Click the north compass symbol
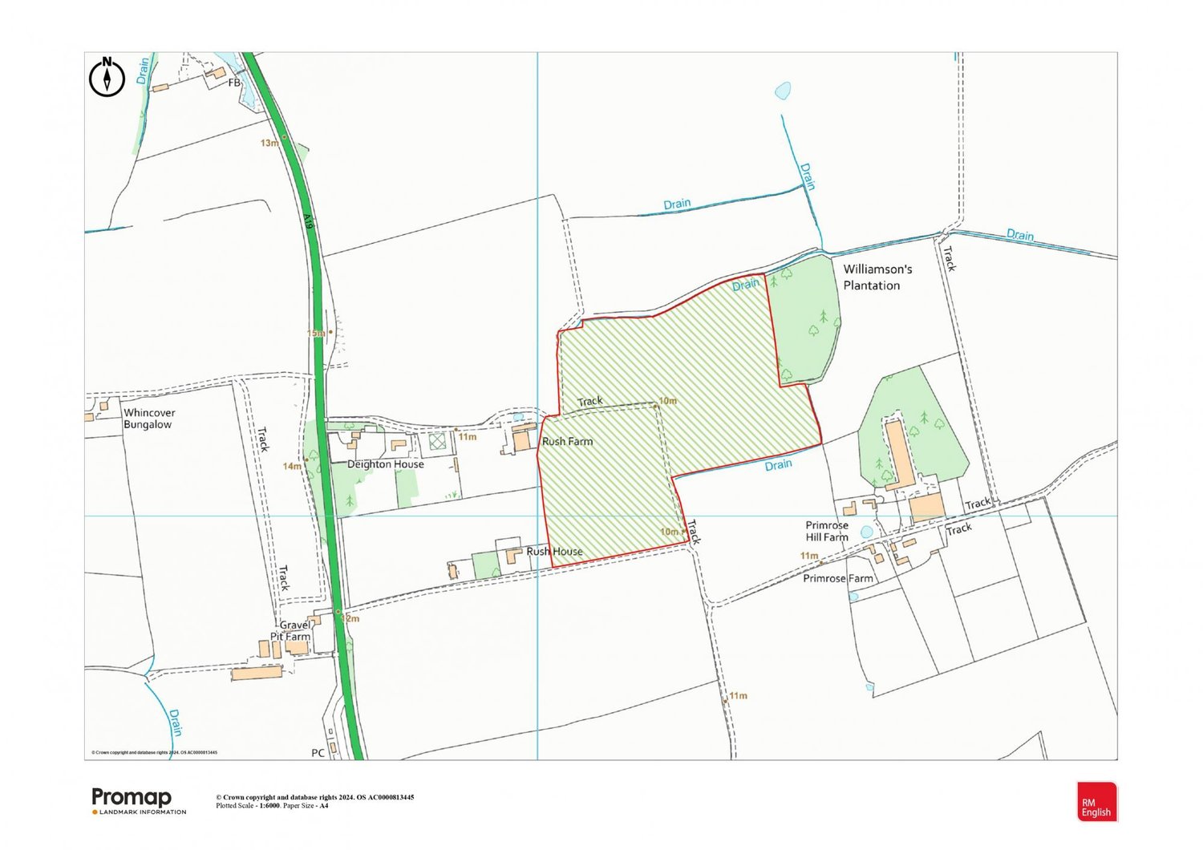[x=107, y=77]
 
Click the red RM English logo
[x=1096, y=802]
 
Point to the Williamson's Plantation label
[x=877, y=277]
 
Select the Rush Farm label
[x=567, y=442]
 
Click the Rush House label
[x=554, y=552]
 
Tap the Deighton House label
[x=385, y=464]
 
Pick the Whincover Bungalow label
[x=149, y=419]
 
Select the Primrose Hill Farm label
[x=827, y=532]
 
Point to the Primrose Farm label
[x=838, y=578]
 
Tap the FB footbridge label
[x=234, y=83]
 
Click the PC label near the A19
[x=318, y=753]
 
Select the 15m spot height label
[x=315, y=333]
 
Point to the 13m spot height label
[x=269, y=143]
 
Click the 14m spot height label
[x=291, y=466]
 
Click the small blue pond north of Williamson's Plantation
[x=783, y=91]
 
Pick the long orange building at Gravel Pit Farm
[x=257, y=673]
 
